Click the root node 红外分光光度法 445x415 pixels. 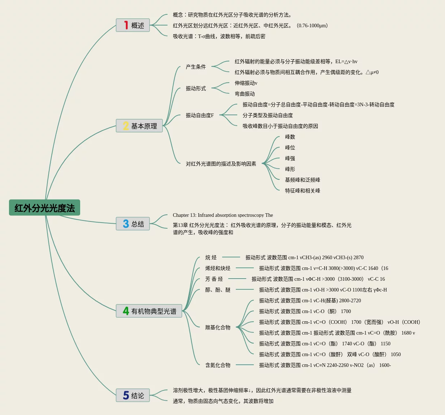(x=45, y=208)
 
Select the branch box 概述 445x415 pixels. (x=133, y=25)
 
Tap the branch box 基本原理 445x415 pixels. (x=139, y=126)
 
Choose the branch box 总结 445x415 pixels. (x=133, y=224)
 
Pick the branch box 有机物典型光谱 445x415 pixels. (x=149, y=311)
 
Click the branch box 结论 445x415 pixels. (x=133, y=395)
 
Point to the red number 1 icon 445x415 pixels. (x=126, y=25)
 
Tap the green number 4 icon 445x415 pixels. (x=126, y=311)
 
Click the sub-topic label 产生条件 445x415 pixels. (x=196, y=67)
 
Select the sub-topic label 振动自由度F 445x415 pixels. (x=200, y=115)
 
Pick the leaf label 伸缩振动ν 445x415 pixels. (x=246, y=83)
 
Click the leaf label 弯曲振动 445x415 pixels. (x=245, y=94)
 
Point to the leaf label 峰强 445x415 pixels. (x=290, y=158)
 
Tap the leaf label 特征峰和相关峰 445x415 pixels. (x=303, y=191)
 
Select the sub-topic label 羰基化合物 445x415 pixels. (x=218, y=327)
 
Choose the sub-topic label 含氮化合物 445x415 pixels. (x=218, y=365)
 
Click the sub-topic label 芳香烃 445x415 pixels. (x=214, y=279)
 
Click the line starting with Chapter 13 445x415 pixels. (x=223, y=215)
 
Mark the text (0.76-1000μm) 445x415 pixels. (x=312, y=25)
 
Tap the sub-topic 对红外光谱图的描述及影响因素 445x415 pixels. (x=221, y=164)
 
